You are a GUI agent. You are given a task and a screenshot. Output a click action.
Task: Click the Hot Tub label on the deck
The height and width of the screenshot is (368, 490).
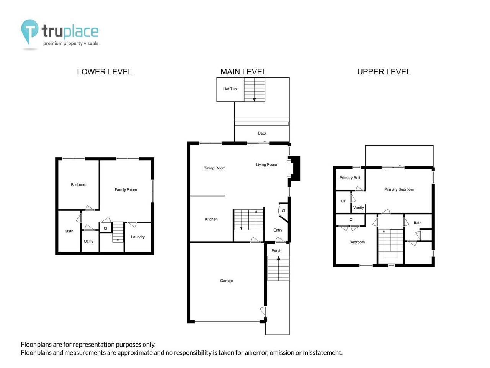click(x=230, y=89)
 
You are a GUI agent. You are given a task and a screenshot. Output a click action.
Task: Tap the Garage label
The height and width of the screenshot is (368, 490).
click(x=226, y=281)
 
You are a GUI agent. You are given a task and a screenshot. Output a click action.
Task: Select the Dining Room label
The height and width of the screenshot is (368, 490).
click(x=214, y=168)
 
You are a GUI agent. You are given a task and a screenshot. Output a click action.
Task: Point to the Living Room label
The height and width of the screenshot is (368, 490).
click(x=266, y=164)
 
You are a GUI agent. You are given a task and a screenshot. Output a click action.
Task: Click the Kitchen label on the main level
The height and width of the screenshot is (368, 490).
click(x=211, y=219)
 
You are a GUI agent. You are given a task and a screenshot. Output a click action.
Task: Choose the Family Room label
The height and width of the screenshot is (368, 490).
click(x=126, y=189)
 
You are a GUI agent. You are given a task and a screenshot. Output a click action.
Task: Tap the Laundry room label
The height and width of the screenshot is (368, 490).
click(x=138, y=237)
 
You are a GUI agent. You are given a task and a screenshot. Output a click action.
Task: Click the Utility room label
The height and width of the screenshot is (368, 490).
click(x=88, y=241)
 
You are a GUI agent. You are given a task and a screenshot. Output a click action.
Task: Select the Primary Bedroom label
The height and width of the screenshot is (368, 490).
click(x=399, y=189)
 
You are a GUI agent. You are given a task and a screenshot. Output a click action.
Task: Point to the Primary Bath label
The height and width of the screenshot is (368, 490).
click(x=350, y=178)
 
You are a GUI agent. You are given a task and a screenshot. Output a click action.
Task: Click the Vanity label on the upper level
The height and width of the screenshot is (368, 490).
click(x=359, y=208)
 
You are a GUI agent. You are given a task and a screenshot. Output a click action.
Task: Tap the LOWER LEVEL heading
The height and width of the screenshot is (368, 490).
click(x=105, y=72)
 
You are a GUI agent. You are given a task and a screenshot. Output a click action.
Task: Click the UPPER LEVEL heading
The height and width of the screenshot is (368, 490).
click(x=384, y=72)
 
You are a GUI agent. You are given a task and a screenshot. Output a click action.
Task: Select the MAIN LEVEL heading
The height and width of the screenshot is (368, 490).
click(x=243, y=72)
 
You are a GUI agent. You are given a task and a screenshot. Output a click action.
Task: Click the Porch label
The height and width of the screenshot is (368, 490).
click(x=276, y=251)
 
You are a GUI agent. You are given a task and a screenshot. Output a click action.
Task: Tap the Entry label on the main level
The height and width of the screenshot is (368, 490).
click(x=278, y=230)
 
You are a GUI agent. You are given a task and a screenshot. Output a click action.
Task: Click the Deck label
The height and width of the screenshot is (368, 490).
click(x=262, y=133)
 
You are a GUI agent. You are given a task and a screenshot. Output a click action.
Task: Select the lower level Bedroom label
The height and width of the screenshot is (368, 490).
click(x=78, y=185)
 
